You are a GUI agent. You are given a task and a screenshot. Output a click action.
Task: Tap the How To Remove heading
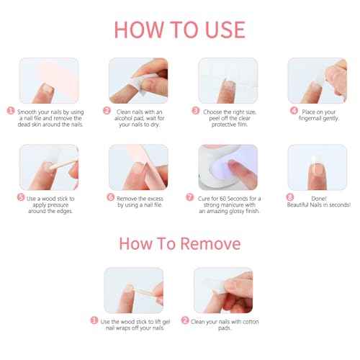(179, 242)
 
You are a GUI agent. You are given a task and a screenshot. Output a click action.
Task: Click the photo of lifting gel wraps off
(134, 290)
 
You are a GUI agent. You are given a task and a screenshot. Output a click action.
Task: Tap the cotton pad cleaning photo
(223, 290)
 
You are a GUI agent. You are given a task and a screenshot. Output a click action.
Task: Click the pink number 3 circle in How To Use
(196, 112)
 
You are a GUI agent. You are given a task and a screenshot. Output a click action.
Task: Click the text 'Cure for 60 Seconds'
(229, 197)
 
